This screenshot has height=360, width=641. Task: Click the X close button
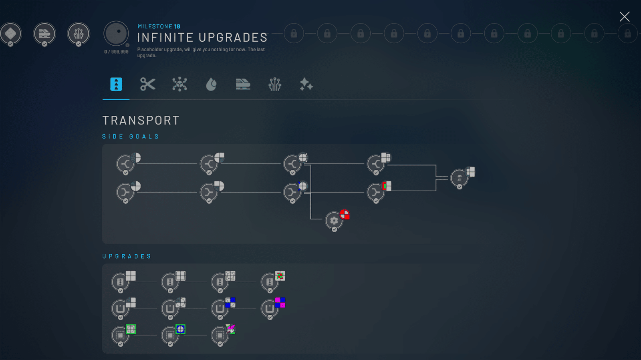point(625,16)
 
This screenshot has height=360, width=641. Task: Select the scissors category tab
point(148,84)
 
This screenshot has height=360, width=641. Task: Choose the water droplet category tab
point(211,84)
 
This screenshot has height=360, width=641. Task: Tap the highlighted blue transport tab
point(116,84)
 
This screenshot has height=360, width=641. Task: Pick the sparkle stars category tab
point(306,84)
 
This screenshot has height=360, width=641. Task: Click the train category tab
point(243,84)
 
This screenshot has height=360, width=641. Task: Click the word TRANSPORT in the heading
point(141,121)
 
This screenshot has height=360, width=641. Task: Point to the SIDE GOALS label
point(131,137)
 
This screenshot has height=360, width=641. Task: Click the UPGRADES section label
point(127,256)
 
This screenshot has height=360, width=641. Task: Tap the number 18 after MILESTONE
point(177,26)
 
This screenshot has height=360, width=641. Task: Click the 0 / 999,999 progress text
point(116,52)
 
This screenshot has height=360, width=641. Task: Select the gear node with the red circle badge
point(334,221)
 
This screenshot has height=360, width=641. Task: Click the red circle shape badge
point(344,215)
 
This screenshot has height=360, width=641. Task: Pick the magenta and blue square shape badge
point(280,302)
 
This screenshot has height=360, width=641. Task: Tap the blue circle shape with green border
point(180,329)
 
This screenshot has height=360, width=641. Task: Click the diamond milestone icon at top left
point(10,34)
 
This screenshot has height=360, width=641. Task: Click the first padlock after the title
point(294,34)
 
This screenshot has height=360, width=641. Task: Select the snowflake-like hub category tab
point(179,84)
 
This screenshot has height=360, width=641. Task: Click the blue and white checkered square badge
point(230,302)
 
